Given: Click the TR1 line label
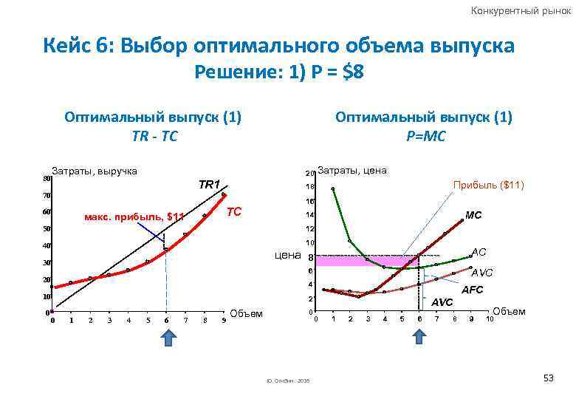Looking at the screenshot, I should click(x=210, y=183).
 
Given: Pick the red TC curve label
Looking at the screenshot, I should click(x=234, y=212).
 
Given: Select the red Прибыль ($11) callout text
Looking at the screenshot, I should click(x=488, y=185).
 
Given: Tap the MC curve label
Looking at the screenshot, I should click(x=473, y=215).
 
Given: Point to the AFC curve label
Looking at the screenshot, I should click(x=472, y=290).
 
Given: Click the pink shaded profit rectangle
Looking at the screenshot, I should click(x=362, y=260).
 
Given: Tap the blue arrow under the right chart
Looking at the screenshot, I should click(x=419, y=337).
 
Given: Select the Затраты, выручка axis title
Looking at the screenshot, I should click(x=94, y=171).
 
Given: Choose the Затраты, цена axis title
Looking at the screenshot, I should click(x=352, y=171).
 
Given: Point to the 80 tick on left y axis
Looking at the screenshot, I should click(x=46, y=178).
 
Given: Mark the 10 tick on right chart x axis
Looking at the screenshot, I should click(x=488, y=319).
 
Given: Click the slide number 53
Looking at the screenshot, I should click(x=548, y=378).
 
